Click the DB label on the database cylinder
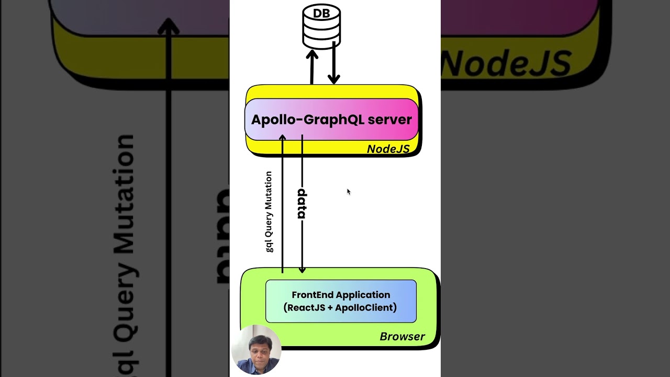(321, 14)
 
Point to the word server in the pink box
(389, 119)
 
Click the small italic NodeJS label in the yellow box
(388, 149)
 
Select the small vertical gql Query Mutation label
(269, 212)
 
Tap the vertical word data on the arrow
(301, 204)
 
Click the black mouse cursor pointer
(348, 192)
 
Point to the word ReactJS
(307, 307)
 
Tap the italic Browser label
(402, 337)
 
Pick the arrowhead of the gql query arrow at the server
(282, 138)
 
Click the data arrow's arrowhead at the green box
(302, 270)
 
